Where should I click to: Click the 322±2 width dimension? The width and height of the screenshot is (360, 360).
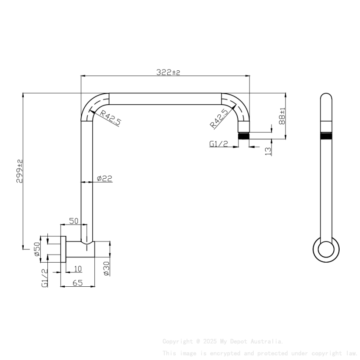click(x=168, y=72)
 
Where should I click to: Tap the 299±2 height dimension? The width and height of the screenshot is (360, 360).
click(x=19, y=171)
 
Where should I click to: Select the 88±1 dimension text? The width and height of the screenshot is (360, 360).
click(x=282, y=116)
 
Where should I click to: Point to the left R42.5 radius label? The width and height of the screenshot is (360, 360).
click(x=111, y=118)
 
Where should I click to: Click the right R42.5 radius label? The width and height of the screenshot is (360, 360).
click(x=219, y=119)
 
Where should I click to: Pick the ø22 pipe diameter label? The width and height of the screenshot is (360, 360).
click(x=104, y=179)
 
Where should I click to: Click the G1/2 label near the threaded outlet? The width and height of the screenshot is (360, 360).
click(x=219, y=144)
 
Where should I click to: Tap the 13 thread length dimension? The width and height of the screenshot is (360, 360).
click(x=268, y=151)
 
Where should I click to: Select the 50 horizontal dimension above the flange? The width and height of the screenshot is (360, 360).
click(x=74, y=221)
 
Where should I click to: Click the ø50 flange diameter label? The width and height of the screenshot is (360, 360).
click(x=37, y=249)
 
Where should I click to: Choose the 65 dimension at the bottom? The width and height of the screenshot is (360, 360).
click(x=77, y=283)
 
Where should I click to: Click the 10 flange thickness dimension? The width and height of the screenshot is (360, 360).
click(x=78, y=269)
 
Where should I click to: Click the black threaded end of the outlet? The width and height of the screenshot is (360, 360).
click(x=244, y=136)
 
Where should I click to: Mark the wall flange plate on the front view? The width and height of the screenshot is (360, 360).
click(x=63, y=249)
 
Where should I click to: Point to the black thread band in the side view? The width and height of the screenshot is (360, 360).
click(x=326, y=136)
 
